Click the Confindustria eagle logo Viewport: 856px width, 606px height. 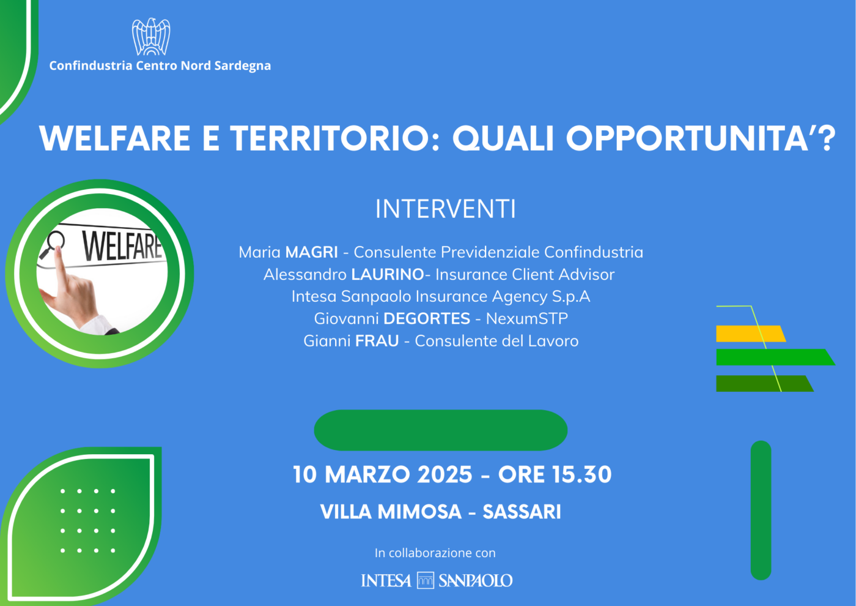151,36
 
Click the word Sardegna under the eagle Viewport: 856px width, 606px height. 242,66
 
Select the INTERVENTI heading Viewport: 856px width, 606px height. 446,209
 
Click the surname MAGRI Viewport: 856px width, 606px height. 311,252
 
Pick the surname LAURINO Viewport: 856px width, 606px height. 388,274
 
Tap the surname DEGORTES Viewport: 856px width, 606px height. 427,318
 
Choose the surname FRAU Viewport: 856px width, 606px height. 377,340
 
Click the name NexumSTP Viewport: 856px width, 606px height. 526,318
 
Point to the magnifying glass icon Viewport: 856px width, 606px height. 52,245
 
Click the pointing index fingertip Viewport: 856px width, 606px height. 58,249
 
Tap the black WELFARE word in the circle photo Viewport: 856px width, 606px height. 122,247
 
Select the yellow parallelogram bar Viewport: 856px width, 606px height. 751,334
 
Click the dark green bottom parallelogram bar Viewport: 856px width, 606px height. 765,383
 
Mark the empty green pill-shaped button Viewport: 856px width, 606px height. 441,430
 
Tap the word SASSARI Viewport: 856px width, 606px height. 522,512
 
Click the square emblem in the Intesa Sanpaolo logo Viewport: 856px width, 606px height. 426,580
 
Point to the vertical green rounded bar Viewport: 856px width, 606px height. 761,511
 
